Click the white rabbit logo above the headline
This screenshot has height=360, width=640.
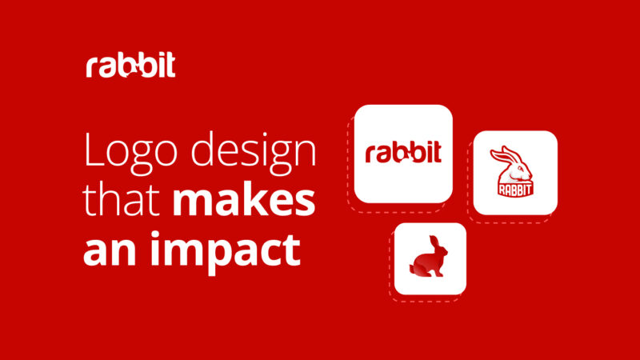tap(130, 66)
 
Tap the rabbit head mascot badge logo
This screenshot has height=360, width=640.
tap(514, 171)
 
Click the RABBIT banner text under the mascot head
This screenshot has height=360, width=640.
tap(514, 190)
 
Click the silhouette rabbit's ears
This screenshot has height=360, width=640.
tap(433, 242)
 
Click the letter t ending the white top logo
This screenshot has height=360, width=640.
tap(170, 66)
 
